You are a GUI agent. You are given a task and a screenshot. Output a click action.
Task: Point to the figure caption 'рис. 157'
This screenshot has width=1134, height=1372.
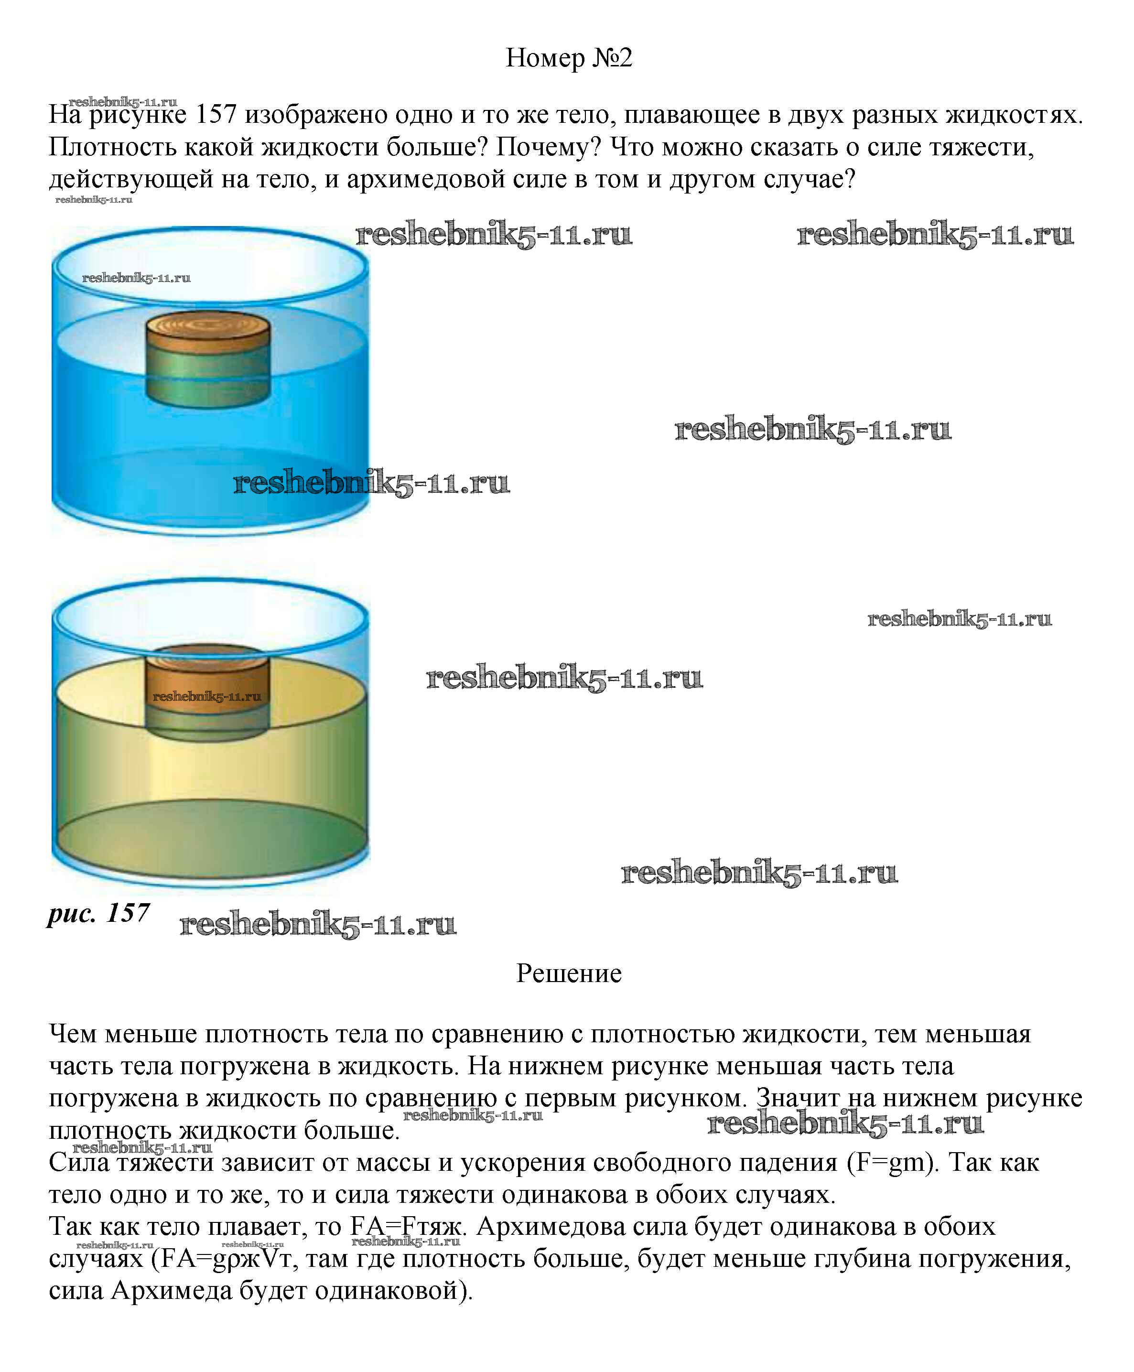point(98,913)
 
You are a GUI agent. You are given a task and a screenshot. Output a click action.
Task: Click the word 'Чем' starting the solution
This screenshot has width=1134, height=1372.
point(73,1034)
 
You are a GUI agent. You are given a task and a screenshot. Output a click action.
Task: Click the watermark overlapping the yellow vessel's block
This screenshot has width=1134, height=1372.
point(206,696)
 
